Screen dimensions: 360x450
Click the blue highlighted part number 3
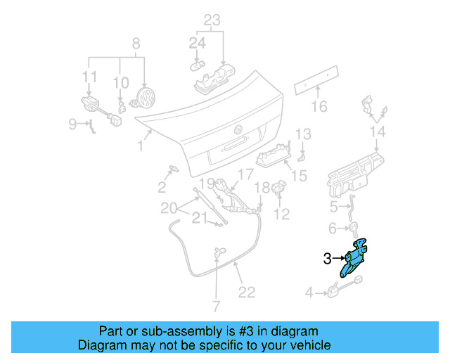tap(355, 259)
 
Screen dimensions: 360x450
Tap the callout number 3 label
tap(327, 259)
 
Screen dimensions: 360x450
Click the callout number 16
tap(319, 106)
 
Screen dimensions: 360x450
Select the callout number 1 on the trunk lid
tap(141, 146)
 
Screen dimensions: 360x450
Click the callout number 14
tap(378, 131)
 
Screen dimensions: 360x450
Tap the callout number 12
tap(281, 214)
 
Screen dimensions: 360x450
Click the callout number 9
tap(72, 124)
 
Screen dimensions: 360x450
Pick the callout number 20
tap(167, 207)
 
